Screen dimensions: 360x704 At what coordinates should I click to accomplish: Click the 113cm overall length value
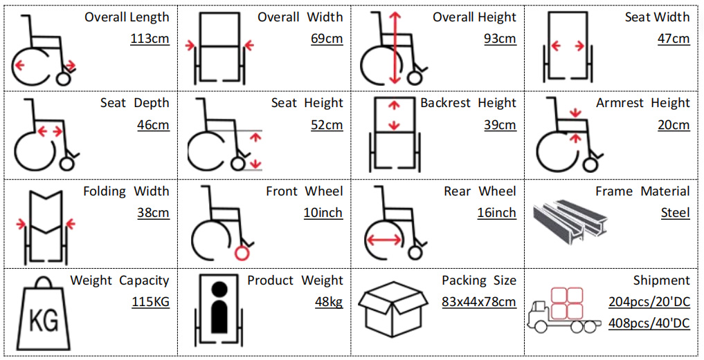click(x=150, y=39)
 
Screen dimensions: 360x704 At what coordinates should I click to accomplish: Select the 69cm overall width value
click(x=327, y=39)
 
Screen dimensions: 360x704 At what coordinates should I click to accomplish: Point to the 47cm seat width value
click(x=674, y=39)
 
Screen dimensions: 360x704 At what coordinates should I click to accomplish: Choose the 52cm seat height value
click(x=327, y=125)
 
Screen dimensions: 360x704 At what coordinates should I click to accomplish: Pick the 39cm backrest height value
click(x=500, y=125)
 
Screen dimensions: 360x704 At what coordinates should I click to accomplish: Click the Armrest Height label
click(x=642, y=103)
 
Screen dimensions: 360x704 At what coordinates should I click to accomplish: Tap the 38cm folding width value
click(x=153, y=213)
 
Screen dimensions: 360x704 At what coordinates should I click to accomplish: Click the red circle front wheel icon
click(x=242, y=253)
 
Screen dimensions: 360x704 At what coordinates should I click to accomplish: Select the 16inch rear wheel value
click(x=496, y=213)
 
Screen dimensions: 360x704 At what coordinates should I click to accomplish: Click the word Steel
click(x=675, y=213)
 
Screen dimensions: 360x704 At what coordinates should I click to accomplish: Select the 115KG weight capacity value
click(x=150, y=302)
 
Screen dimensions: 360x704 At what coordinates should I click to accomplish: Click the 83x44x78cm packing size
click(x=479, y=302)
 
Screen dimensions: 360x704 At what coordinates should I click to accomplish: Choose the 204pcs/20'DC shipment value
click(x=649, y=302)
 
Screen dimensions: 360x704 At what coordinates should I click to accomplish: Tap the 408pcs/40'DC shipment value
click(x=649, y=323)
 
